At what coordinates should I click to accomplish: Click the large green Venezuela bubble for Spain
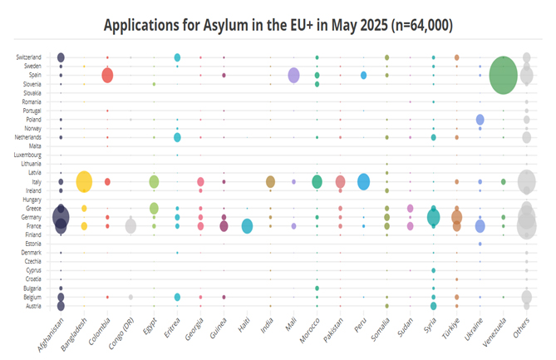(503, 75)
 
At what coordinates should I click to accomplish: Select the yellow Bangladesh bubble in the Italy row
(84, 181)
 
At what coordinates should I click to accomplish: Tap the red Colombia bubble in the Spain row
(107, 76)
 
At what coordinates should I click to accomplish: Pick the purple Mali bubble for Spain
(293, 76)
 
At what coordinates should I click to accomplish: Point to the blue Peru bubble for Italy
(363, 182)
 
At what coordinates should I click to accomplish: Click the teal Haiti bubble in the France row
(247, 226)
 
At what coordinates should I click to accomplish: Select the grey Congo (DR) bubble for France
(130, 226)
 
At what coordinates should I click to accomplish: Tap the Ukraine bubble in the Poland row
(480, 120)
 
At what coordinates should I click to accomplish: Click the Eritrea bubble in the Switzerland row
(177, 57)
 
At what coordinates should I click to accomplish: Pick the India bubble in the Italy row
(270, 182)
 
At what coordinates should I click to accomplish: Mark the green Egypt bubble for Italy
(154, 182)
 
